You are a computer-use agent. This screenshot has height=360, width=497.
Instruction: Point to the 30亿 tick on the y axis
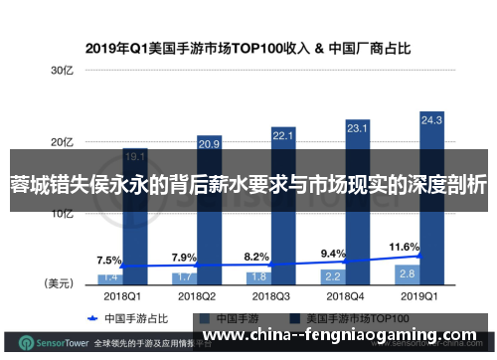coord(63,72)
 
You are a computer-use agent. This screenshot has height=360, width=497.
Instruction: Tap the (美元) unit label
coord(58,283)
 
